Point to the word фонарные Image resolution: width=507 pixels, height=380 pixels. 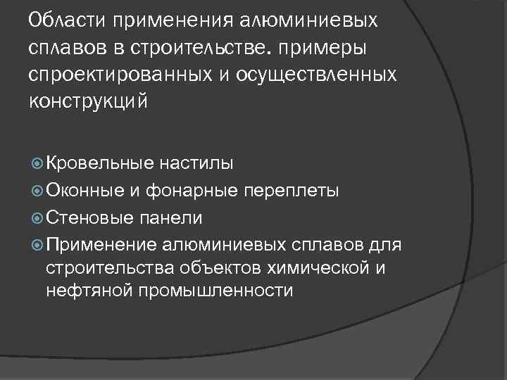(x=186, y=191)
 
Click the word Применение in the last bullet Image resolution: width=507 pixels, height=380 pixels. (x=101, y=245)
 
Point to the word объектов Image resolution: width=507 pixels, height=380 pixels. (x=213, y=268)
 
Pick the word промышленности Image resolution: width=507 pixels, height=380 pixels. (x=215, y=291)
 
